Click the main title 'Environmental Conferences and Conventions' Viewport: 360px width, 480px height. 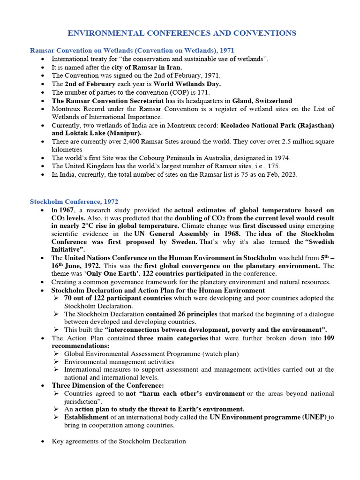182,33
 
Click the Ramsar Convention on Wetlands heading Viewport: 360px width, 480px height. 132,50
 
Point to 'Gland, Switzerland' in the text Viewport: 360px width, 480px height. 262,101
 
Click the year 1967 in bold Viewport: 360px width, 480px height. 67,210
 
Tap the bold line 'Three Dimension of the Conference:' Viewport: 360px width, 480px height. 101,385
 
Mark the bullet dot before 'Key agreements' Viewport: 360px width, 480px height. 43,442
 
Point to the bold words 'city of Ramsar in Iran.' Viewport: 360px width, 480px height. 145,67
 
